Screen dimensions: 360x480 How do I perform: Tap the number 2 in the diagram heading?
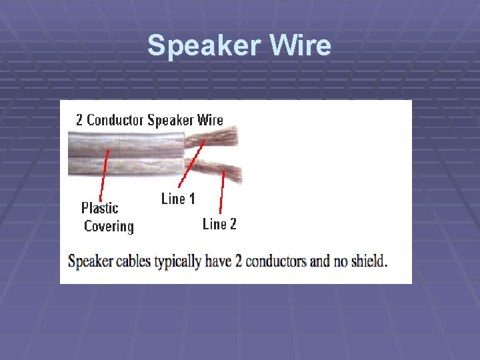[79, 120]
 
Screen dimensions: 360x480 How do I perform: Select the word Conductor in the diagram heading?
[115, 120]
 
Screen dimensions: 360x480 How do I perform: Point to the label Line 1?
[178, 199]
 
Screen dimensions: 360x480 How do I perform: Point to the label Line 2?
[219, 224]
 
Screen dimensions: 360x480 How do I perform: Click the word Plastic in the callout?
[100, 208]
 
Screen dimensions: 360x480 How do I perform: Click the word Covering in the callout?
[109, 227]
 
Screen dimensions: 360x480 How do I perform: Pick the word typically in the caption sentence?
[177, 261]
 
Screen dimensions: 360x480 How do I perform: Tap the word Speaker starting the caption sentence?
[91, 261]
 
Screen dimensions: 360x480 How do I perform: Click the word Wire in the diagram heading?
[210, 120]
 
